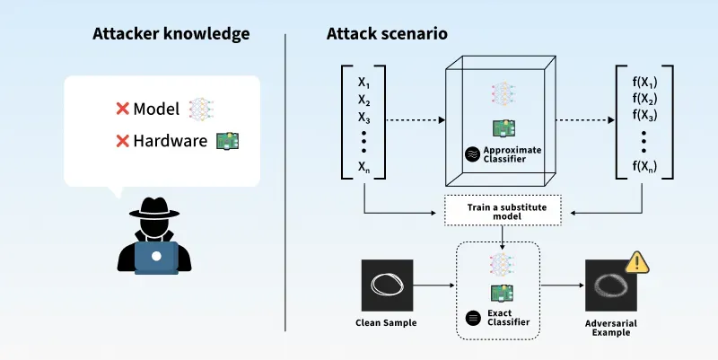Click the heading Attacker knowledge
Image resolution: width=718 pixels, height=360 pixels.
[x=171, y=35]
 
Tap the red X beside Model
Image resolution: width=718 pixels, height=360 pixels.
[x=122, y=109]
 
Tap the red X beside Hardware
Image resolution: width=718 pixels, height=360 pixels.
[x=122, y=141]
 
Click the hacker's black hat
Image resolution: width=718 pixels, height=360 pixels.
[x=156, y=207]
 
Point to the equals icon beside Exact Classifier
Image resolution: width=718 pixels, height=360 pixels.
[x=475, y=316]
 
